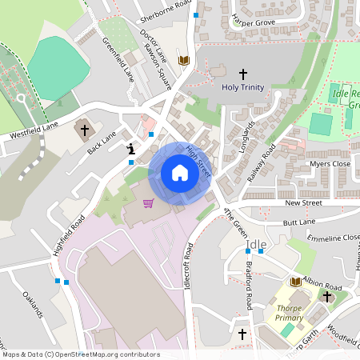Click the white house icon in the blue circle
tap(180, 172)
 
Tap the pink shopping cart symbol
tap(148, 203)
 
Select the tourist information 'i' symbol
tap(130, 148)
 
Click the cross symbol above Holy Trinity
tap(242, 73)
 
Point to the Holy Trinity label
tap(242, 87)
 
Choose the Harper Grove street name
tap(253, 22)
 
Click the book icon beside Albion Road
tap(295, 282)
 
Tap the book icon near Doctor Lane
tap(184, 60)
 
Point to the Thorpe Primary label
tap(290, 312)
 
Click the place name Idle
tap(257, 244)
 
